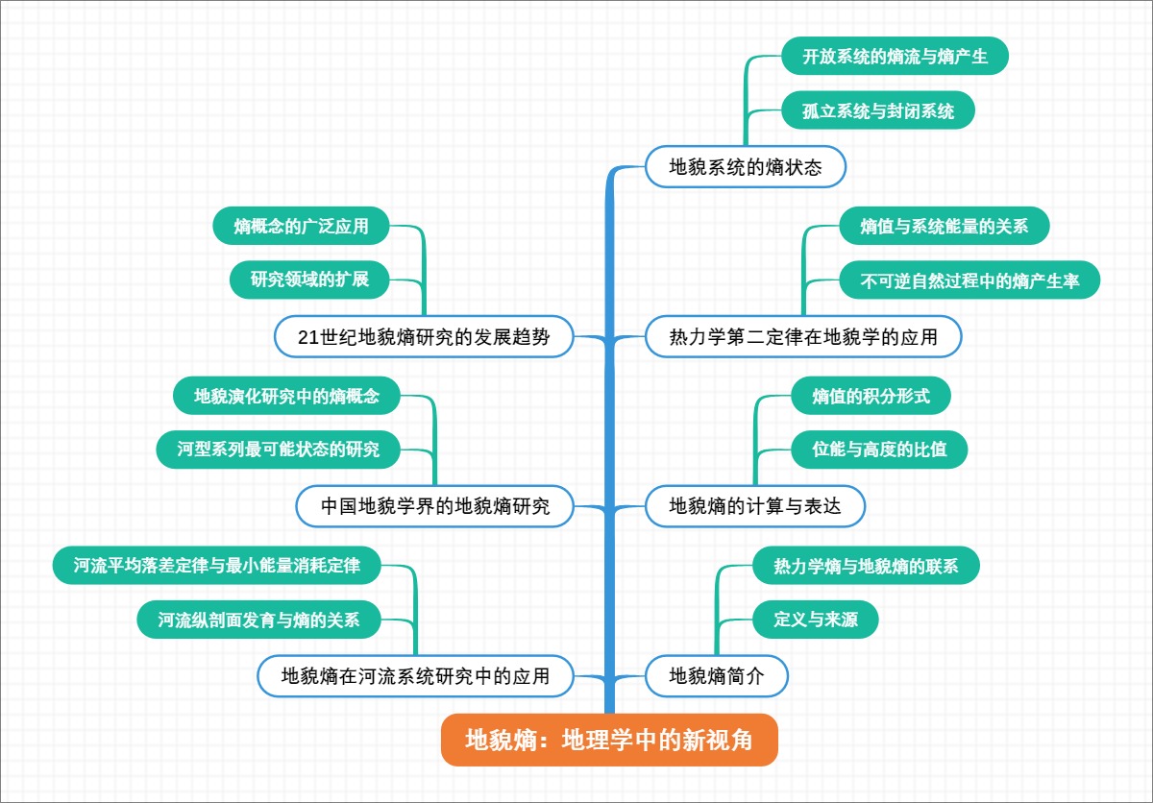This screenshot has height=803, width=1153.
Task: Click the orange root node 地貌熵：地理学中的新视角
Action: click(609, 740)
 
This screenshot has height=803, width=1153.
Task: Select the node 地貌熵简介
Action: click(717, 675)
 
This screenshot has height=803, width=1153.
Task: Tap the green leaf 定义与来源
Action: click(816, 620)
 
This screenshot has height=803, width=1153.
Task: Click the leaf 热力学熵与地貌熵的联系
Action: click(866, 566)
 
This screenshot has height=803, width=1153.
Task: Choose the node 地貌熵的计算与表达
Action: click(754, 506)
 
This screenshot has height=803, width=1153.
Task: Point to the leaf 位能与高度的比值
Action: click(878, 450)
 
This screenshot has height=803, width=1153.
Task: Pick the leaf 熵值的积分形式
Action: click(871, 396)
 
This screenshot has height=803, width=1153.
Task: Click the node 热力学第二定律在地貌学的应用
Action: click(802, 337)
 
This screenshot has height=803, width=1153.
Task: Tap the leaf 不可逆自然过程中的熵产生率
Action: click(969, 281)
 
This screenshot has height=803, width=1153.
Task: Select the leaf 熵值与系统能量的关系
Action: click(944, 227)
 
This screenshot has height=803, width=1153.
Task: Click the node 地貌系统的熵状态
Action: click(746, 167)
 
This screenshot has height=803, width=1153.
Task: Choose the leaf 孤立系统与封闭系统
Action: click(878, 110)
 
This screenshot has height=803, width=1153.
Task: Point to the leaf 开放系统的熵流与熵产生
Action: click(895, 56)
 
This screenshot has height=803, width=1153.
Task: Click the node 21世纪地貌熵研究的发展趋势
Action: click(424, 337)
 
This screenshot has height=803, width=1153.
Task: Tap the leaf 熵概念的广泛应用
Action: click(301, 227)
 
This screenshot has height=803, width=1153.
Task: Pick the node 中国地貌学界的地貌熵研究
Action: click(435, 506)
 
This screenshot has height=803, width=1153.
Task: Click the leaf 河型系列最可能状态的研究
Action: click(278, 449)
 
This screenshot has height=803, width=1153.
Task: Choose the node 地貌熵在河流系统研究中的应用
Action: click(415, 675)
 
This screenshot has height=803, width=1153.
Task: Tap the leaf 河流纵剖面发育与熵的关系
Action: click(258, 620)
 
